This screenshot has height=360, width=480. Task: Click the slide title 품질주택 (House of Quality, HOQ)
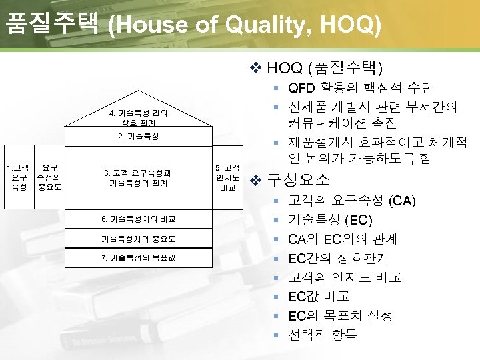coord(193,25)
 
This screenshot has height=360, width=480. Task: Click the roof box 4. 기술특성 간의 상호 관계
coord(139,117)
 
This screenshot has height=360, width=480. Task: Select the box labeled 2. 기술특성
coord(139,137)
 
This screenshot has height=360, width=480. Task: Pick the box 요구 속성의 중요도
coord(49,177)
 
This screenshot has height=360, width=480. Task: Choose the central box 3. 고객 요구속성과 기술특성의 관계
coord(139,177)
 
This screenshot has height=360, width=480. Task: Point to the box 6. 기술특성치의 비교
coord(139,219)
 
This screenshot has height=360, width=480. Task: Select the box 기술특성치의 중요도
coord(139,238)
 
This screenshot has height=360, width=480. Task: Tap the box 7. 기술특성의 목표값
coord(139,257)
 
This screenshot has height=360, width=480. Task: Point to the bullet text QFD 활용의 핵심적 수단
coord(361,87)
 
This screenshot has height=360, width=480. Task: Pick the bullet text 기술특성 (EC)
coord(330,220)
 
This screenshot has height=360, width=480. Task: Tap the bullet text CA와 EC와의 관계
coord(343,239)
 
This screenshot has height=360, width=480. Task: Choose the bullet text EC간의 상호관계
coord(338,258)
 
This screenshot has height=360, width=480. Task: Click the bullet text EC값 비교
coord(319,296)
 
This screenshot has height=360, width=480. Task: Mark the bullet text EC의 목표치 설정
coord(340,315)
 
